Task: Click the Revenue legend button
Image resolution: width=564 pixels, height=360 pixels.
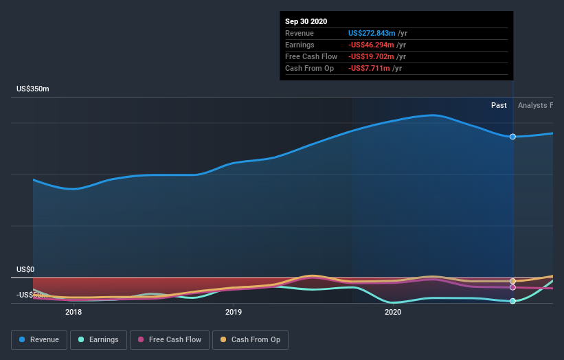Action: click(x=40, y=339)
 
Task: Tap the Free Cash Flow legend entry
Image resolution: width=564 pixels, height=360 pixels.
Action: click(x=169, y=339)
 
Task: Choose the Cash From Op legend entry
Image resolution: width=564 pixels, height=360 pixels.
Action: click(x=251, y=339)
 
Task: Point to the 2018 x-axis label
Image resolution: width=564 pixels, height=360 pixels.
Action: click(x=74, y=312)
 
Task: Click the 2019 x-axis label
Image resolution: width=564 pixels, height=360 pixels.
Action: click(x=234, y=312)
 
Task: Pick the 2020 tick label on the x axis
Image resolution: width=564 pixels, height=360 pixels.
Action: click(x=393, y=312)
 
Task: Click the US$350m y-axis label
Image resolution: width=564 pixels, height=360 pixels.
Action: click(x=34, y=89)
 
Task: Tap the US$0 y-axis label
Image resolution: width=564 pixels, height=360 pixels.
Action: click(x=27, y=270)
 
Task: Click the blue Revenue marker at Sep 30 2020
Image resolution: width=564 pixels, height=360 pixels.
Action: click(x=512, y=137)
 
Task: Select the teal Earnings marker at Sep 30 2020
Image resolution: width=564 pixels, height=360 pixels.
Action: click(x=512, y=301)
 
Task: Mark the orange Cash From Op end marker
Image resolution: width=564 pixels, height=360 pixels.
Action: click(x=512, y=281)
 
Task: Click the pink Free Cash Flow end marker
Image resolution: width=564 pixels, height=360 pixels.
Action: click(x=512, y=287)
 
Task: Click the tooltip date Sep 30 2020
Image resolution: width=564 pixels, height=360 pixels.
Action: click(x=306, y=21)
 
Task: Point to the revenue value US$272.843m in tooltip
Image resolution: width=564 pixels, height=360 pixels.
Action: click(x=372, y=34)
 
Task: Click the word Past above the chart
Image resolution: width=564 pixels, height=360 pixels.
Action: click(x=499, y=105)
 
